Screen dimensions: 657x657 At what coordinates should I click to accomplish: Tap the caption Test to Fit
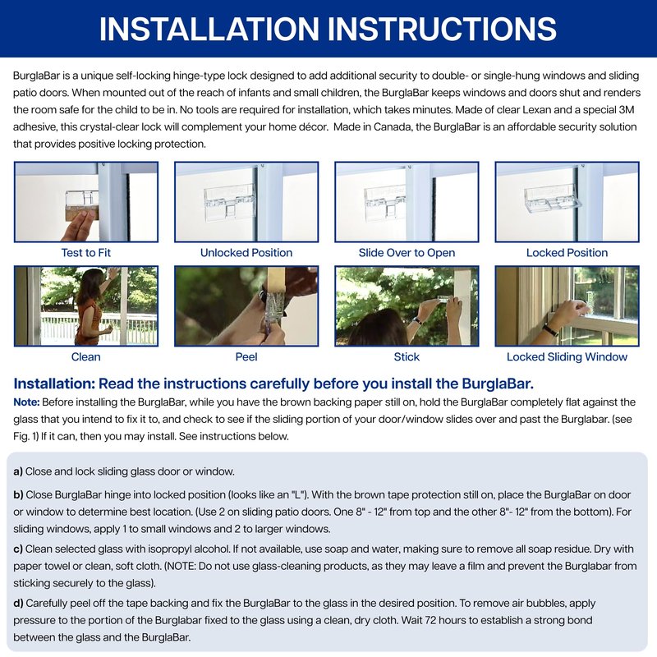click(x=86, y=253)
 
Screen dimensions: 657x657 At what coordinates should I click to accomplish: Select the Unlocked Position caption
click(x=246, y=253)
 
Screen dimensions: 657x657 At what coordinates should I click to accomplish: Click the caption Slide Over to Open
click(x=407, y=253)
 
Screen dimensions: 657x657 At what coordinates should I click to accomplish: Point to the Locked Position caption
click(x=567, y=253)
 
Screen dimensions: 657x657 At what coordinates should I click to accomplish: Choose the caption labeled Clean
click(x=86, y=356)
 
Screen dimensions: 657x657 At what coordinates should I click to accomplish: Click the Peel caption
click(x=246, y=356)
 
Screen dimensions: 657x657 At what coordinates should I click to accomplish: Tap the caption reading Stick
click(x=407, y=356)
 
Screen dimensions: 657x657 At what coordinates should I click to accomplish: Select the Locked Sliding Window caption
click(x=567, y=356)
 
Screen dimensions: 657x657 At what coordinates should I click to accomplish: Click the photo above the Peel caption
click(x=246, y=306)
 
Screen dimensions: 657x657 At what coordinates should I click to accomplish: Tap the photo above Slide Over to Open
click(x=407, y=201)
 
